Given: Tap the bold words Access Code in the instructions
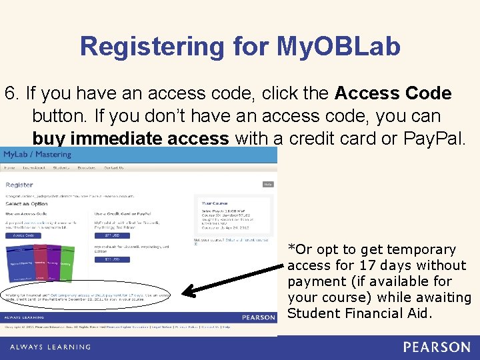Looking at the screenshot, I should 393,93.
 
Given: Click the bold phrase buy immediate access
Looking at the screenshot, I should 131,138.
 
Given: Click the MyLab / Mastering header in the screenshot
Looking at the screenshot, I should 37,155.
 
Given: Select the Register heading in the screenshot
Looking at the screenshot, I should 19,185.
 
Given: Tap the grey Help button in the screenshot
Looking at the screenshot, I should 267,184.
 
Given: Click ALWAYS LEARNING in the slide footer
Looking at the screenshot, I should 50,347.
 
